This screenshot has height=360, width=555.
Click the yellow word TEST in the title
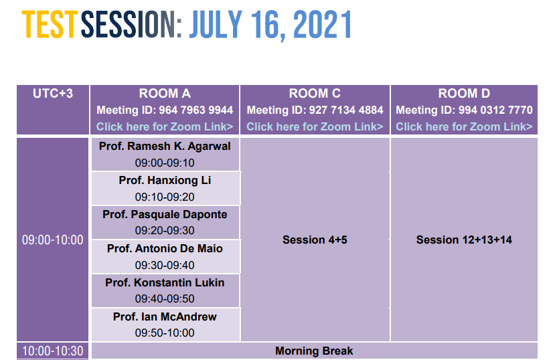click(49, 24)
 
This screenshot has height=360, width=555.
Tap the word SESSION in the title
click(131, 24)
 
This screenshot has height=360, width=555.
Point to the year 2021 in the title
click(322, 24)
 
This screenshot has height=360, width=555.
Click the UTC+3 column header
click(53, 94)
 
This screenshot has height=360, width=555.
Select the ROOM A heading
click(165, 94)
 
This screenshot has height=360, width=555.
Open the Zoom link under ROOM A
click(165, 126)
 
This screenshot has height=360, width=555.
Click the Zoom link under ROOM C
click(315, 126)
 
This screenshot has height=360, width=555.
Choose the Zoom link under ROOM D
click(464, 126)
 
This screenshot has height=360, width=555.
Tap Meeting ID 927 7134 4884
click(315, 110)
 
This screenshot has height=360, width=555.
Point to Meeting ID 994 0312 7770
click(464, 110)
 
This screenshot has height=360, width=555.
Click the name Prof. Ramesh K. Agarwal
click(165, 146)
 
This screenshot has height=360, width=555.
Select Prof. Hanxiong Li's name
click(165, 181)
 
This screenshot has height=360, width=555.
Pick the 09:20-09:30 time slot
click(165, 231)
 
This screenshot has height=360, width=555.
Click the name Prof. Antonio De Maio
click(165, 249)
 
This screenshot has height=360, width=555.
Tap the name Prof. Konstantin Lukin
click(165, 282)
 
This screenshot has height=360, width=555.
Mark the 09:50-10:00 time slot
click(165, 333)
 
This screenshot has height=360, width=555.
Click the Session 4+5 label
click(315, 240)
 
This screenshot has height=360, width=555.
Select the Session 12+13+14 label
click(464, 240)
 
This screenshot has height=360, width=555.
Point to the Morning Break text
click(314, 351)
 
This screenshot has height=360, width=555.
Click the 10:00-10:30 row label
click(53, 351)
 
